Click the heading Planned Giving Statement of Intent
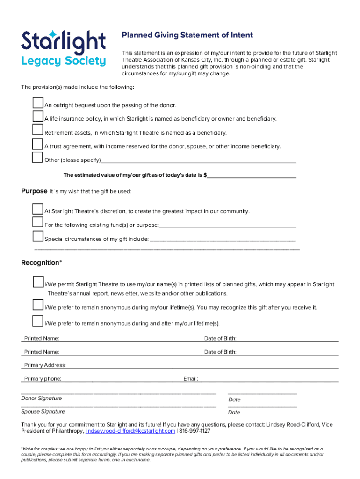coord(187,35)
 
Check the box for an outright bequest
coord(38,103)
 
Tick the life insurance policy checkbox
coord(38,116)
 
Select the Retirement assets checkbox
coord(38,130)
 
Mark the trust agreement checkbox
coord(38,144)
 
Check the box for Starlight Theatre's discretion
coord(38,209)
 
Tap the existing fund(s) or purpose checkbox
coord(38,222)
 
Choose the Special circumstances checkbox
coord(38,236)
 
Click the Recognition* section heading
coord(42,263)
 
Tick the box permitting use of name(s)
coord(38,282)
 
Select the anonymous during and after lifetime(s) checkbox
coord(38,321)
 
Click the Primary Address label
coord(45,365)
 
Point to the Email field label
coord(191,379)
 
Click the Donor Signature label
coord(41,399)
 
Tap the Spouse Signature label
coord(43,412)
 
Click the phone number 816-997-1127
coord(195,431)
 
